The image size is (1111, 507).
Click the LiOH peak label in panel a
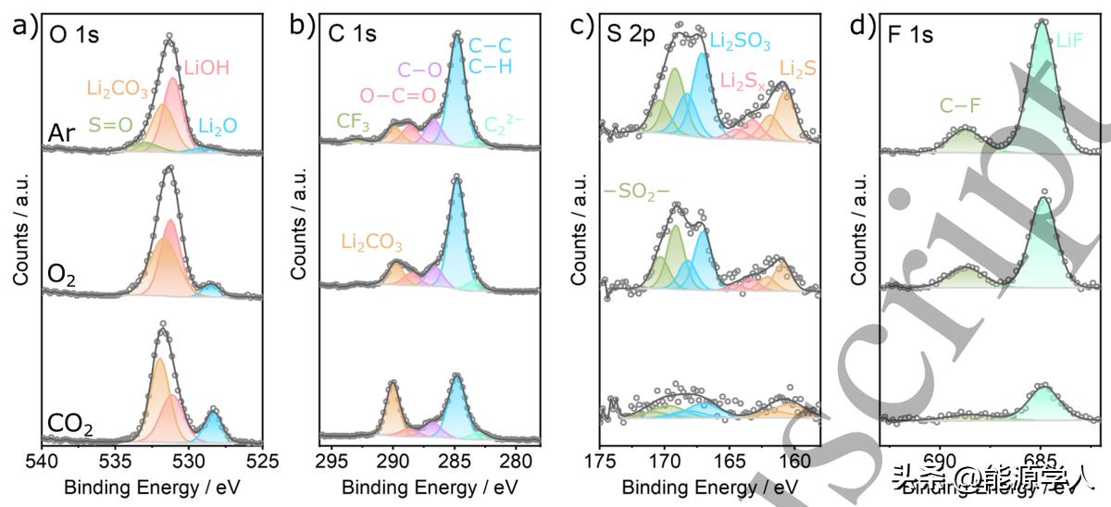pos(206,68)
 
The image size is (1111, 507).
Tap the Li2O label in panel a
pos(217,125)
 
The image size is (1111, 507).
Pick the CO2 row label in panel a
pos(69,428)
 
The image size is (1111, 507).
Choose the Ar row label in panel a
pos(62,135)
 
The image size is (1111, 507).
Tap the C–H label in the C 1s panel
pos(490,68)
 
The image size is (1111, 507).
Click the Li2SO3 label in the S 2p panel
pos(741,41)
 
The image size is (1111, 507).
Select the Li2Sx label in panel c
pos(743,82)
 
